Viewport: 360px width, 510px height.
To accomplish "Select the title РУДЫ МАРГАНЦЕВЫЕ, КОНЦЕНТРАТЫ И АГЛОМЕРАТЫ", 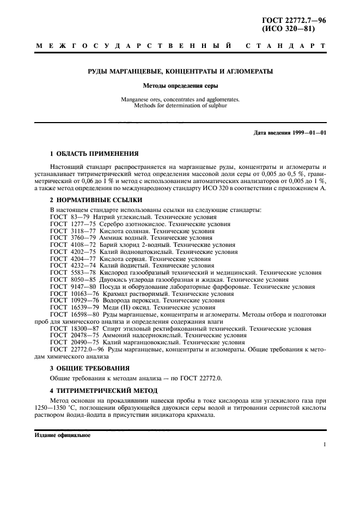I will pyautogui.click(x=180, y=71).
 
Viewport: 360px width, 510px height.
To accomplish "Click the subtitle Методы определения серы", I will pyautogui.click(x=180, y=86).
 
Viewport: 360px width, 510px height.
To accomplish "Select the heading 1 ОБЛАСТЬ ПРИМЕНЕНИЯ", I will pyautogui.click(x=94, y=154).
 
